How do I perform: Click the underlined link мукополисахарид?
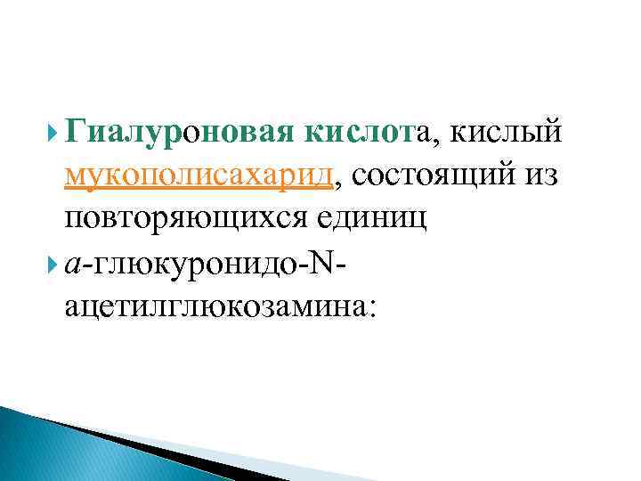click(199, 176)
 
